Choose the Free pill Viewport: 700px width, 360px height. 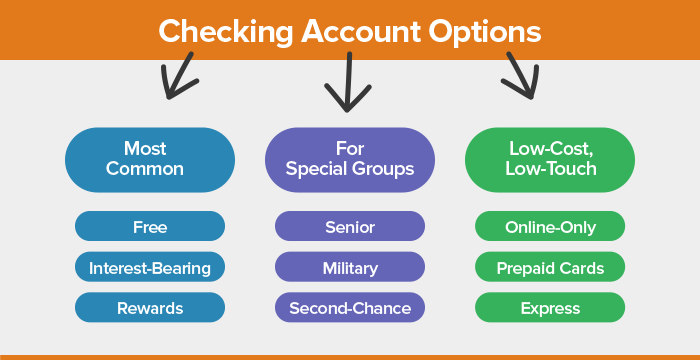[150, 227]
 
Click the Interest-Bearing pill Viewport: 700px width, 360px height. [150, 267]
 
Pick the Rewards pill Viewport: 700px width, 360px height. [150, 307]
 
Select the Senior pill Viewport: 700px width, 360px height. [350, 227]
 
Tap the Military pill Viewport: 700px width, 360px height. [350, 267]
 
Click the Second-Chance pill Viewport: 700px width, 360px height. [350, 307]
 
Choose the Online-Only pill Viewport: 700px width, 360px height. [550, 227]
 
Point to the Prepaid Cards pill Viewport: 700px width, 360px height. [550, 267]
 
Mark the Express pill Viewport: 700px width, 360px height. [550, 307]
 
